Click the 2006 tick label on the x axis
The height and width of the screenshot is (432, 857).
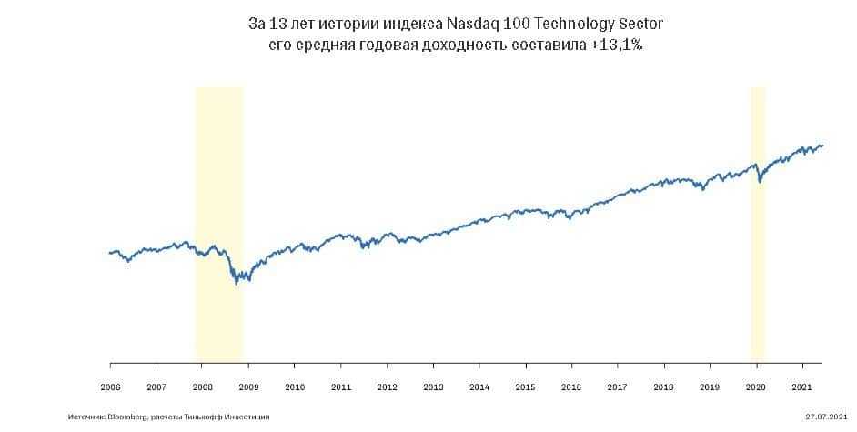(110, 387)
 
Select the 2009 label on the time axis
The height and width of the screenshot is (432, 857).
(248, 387)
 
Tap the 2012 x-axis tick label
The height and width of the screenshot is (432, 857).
(387, 387)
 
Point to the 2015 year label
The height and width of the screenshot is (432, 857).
(525, 387)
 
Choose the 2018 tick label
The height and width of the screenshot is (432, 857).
(664, 387)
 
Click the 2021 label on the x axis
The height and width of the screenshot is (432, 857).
(802, 387)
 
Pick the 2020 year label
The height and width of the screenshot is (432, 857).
(756, 387)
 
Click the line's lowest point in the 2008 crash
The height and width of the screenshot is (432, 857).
(237, 284)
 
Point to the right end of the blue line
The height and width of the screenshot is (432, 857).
(822, 145)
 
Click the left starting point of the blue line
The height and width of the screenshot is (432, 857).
(109, 253)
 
